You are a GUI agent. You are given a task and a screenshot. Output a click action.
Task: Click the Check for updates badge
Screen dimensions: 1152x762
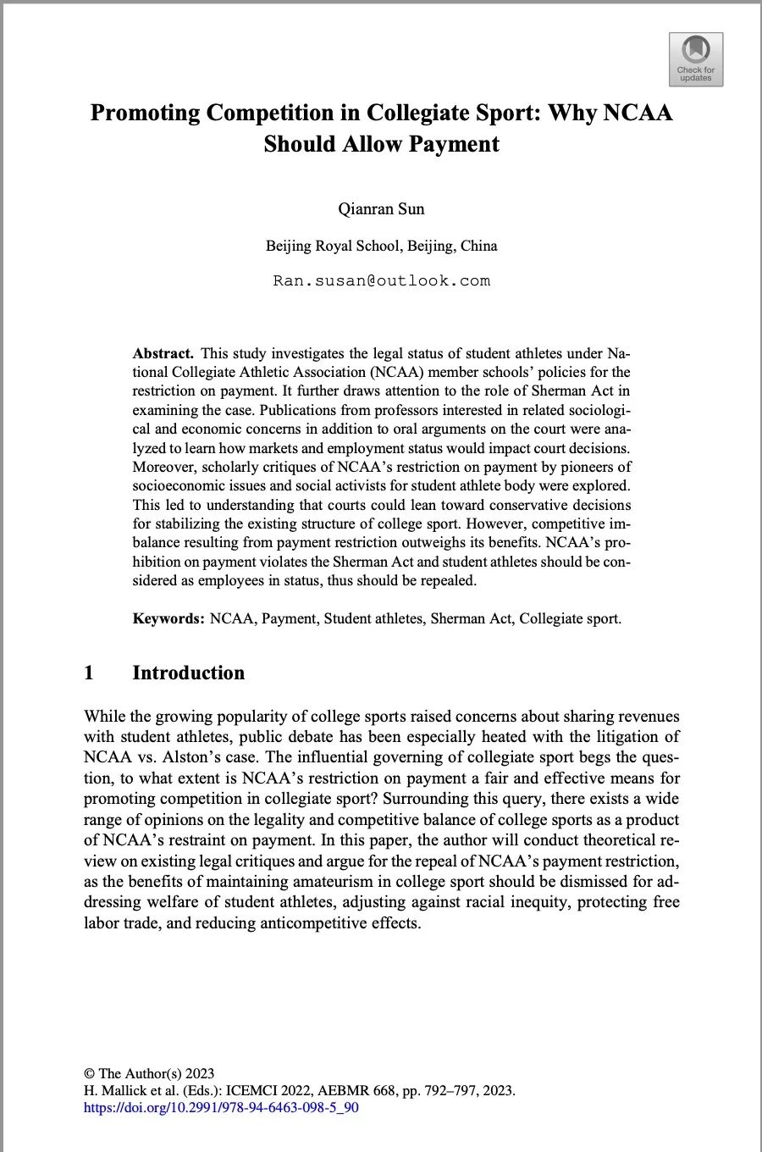(x=695, y=59)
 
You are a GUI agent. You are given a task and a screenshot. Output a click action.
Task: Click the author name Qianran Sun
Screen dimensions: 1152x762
(x=381, y=208)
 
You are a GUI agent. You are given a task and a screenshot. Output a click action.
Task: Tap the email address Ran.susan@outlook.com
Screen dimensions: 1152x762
(x=381, y=280)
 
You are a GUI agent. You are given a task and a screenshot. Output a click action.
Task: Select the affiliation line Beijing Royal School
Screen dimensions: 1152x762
(x=381, y=246)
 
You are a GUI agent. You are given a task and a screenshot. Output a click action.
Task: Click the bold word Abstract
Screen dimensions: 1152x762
(x=163, y=353)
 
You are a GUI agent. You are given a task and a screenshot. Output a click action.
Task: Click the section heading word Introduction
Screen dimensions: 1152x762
(x=188, y=673)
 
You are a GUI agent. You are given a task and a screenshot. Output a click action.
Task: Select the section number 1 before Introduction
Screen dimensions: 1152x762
(x=89, y=673)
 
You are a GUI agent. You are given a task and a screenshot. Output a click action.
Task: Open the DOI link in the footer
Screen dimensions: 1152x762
(x=221, y=1107)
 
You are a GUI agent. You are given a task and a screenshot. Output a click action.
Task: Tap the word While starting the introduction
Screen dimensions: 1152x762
(x=104, y=717)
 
